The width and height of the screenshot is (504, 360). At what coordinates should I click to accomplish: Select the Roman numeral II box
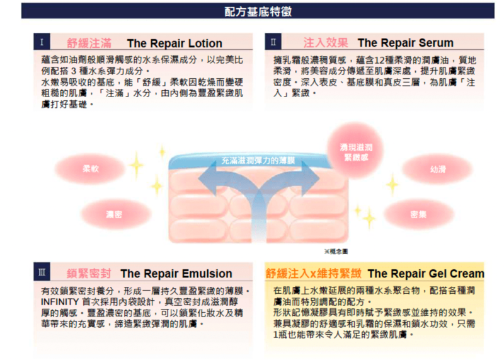(x=273, y=42)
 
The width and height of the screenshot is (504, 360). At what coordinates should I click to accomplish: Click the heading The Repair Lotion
(x=174, y=44)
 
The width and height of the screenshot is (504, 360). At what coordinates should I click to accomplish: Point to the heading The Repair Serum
(x=405, y=43)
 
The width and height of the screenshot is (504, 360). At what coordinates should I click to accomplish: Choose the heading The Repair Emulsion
(x=176, y=274)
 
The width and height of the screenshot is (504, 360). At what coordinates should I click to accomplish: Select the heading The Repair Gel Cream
(x=425, y=273)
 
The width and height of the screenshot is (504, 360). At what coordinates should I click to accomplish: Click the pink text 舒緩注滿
(x=89, y=44)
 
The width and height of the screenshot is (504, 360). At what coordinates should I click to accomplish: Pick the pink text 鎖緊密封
(x=89, y=274)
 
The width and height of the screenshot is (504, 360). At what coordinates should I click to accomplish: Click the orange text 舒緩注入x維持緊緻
(x=313, y=273)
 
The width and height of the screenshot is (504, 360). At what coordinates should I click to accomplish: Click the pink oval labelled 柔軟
(x=90, y=169)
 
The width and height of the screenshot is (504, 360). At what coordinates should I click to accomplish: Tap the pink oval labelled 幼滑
(x=437, y=169)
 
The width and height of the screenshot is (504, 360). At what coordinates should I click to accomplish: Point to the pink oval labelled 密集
(x=418, y=214)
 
